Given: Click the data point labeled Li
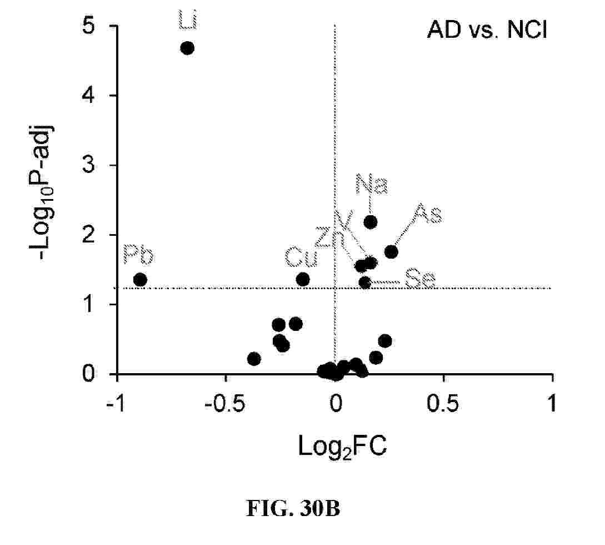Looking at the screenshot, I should (187, 48).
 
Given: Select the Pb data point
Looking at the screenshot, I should (140, 280).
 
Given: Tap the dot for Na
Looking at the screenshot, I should (371, 222).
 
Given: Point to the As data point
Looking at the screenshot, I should (391, 252).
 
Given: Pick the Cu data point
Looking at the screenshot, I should (303, 279).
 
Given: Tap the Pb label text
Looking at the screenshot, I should (138, 255).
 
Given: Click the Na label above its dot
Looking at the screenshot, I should (372, 185).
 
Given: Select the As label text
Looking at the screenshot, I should (428, 214).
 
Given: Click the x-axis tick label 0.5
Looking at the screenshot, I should (443, 403).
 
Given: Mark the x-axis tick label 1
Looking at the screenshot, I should (552, 403).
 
